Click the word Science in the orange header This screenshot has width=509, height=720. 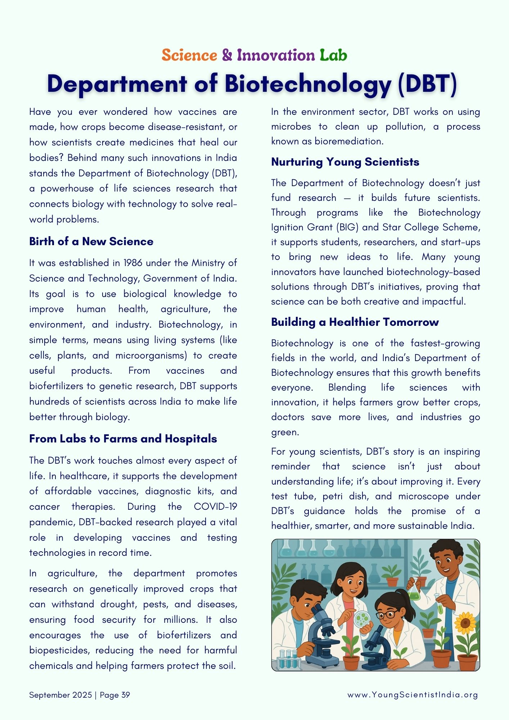click(x=189, y=55)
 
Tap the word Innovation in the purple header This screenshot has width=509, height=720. click(x=276, y=55)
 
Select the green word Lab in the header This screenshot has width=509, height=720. click(x=333, y=55)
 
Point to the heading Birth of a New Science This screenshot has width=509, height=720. click(x=91, y=241)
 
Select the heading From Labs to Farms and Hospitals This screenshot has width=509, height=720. click(x=123, y=438)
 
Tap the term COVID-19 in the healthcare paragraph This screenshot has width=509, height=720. click(x=215, y=507)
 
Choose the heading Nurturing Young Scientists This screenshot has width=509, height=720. click(x=345, y=162)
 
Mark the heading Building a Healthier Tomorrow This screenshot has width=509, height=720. click(x=355, y=322)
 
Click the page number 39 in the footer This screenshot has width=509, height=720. click(x=126, y=695)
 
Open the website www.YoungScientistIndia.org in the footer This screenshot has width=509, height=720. click(x=413, y=695)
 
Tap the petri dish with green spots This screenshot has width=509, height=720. click(x=362, y=619)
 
